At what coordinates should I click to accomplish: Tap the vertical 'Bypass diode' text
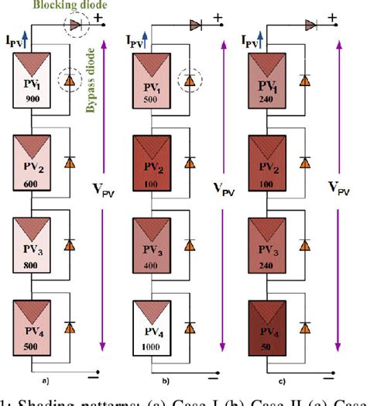point(91,76)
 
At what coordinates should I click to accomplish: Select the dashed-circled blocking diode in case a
point(75,26)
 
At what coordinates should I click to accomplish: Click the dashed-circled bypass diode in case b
point(190,80)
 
